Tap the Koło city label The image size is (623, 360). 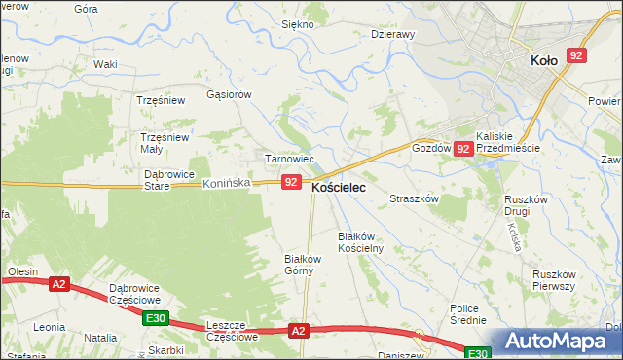coord(544,60)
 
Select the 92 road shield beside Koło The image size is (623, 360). coord(576,56)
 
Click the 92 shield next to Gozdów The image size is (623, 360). coord(464,149)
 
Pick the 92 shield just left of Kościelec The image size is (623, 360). coord(291,182)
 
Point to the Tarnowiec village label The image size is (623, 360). coord(289,159)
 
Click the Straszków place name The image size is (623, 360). coord(416,198)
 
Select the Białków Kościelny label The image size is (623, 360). coord(360,242)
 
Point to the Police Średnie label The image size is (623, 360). coord(468,314)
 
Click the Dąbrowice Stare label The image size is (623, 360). coord(168,180)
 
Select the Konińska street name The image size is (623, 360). coord(227,183)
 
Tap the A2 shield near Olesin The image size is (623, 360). coord(59,284)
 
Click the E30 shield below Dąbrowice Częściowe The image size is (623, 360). coord(154,318)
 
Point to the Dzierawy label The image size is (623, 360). coord(393,34)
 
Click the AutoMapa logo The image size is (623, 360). coord(559,342)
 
